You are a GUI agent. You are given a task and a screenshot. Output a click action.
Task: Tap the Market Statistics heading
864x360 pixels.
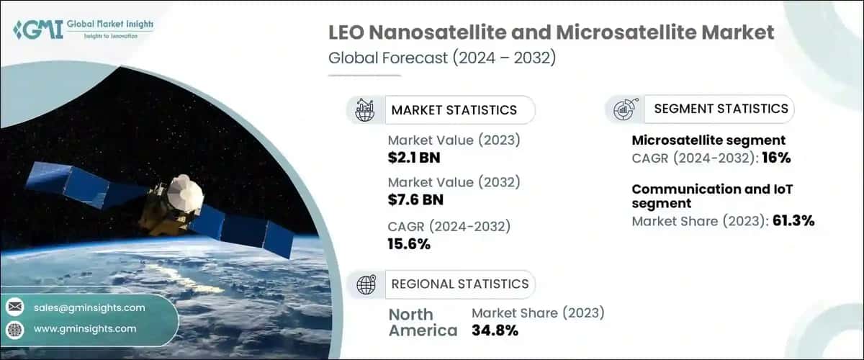pos(454,110)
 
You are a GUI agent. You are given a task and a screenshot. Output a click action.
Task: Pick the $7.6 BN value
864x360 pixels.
pos(415,199)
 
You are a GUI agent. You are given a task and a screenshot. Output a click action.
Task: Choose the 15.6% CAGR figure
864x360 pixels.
pos(409,243)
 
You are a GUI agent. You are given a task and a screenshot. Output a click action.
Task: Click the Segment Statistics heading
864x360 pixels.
pos(721,109)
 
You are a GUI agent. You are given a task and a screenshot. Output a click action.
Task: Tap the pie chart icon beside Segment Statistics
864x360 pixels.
pos(624,109)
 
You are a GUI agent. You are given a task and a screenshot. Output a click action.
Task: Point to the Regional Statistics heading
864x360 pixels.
pos(459,284)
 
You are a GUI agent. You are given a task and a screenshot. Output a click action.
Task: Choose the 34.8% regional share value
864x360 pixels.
pos(495,330)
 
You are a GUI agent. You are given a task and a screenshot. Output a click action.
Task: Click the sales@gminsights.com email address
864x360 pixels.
pos(89,307)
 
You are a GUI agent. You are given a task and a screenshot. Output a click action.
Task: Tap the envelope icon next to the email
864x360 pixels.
pos(14,307)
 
